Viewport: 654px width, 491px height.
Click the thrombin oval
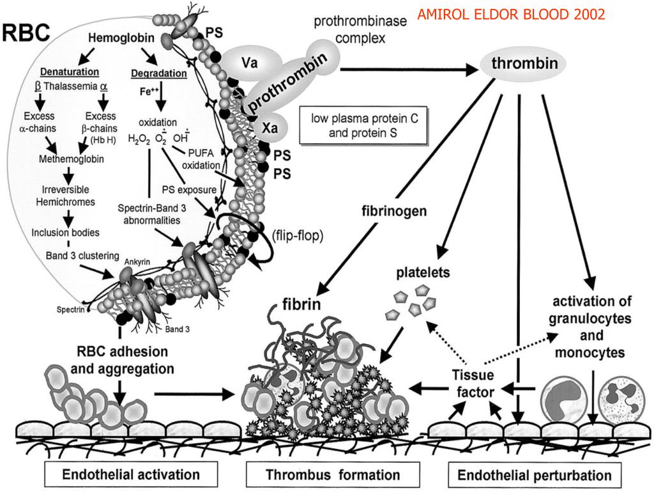click(x=525, y=64)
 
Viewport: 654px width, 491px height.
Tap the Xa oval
click(x=270, y=128)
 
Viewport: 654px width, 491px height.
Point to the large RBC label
click(x=26, y=33)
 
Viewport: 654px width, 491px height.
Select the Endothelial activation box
click(x=131, y=474)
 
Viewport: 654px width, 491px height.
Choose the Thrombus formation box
click(x=333, y=474)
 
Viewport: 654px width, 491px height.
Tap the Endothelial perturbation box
click(x=535, y=475)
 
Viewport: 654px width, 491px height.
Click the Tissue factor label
click(x=473, y=383)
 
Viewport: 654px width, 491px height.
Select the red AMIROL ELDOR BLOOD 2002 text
click(x=511, y=15)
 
